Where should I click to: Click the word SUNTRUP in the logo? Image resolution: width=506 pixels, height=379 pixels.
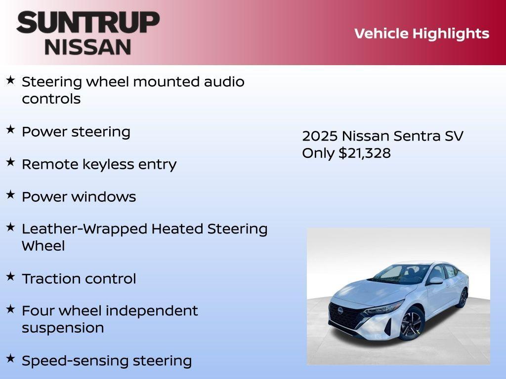(x=88, y=23)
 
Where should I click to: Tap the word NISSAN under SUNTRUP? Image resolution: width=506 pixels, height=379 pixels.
(x=88, y=46)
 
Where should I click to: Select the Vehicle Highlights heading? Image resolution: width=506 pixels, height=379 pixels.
(x=422, y=34)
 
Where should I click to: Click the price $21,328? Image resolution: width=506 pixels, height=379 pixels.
(x=365, y=153)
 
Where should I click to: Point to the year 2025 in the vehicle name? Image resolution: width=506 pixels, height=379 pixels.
(x=320, y=136)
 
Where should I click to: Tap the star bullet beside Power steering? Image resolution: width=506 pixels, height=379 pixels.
(x=10, y=129)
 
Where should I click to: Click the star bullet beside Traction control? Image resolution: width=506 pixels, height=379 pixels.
(x=10, y=276)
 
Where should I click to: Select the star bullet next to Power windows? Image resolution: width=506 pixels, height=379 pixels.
(x=10, y=194)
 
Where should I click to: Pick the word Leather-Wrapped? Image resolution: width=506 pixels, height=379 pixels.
(x=84, y=229)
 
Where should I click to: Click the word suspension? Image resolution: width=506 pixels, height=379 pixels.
(x=63, y=328)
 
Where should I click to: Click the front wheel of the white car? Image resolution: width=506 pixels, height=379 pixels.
(x=411, y=324)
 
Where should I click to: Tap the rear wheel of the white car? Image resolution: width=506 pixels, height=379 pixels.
(x=463, y=298)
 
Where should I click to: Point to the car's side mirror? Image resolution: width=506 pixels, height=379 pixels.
(x=436, y=280)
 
